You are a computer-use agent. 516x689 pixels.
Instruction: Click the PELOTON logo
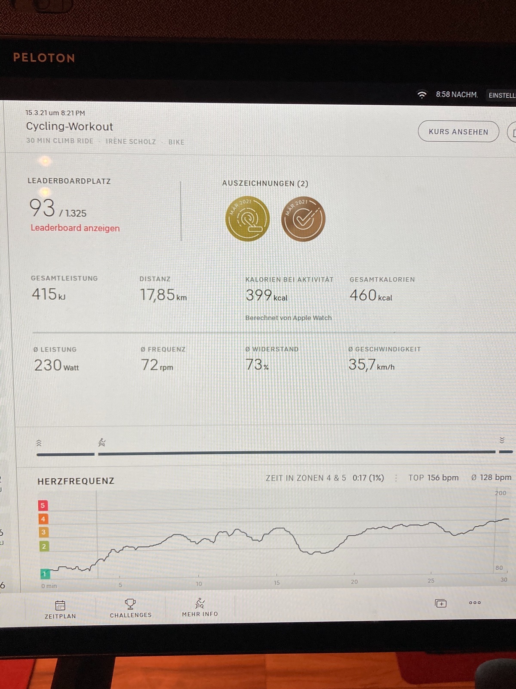point(44,58)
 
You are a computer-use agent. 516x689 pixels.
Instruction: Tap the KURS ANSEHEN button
point(458,132)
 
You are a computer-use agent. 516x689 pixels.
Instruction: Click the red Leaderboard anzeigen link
point(75,228)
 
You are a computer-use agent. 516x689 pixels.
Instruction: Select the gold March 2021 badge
point(247,219)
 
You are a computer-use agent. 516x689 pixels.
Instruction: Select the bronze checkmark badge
point(303,219)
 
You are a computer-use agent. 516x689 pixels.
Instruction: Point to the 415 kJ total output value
point(49,294)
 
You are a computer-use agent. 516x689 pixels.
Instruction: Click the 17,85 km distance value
point(163,295)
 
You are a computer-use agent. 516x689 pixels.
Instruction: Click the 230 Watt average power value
point(56,365)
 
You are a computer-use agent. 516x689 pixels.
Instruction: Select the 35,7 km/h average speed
point(371,365)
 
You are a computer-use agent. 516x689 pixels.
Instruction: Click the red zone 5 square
point(43,506)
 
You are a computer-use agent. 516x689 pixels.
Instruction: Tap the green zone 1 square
point(44,574)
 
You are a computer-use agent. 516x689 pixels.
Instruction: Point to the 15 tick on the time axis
point(277,583)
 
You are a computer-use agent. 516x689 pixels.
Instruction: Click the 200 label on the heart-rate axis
point(501,493)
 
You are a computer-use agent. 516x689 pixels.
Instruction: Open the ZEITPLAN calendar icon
point(60,605)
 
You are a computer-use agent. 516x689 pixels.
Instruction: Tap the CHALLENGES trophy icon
point(130,604)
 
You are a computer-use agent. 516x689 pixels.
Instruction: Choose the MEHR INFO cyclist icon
point(200,603)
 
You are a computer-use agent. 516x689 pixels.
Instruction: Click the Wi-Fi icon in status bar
point(422,94)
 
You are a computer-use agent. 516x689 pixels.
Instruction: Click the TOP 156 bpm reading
point(433,478)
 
